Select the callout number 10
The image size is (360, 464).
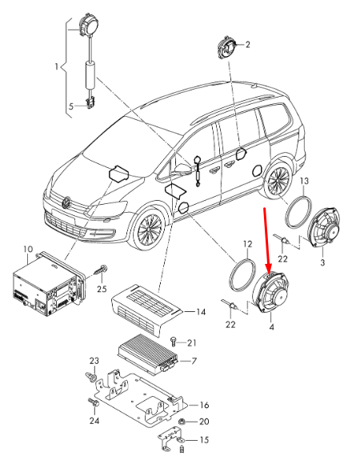coord(28,250)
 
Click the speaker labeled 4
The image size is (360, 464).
coord(273,296)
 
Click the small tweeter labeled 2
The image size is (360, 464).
coord(227,46)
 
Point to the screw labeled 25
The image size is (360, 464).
coord(102,272)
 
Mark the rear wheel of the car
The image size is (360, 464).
coord(278,179)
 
